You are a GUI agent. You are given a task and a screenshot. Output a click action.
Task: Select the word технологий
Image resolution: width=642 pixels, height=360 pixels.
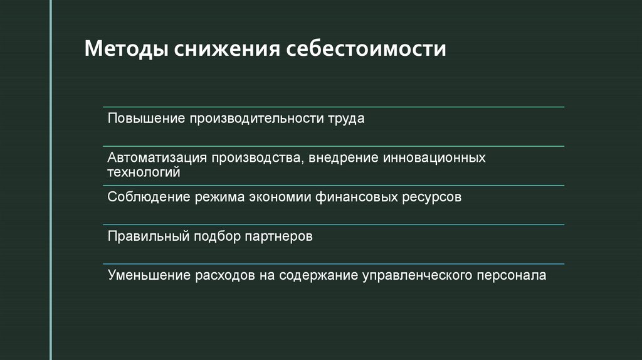pos(144,171)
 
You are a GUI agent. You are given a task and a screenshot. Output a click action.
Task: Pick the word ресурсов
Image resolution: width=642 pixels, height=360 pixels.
pos(433,198)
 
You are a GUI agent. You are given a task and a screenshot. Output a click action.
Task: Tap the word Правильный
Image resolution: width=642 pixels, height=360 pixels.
pos(148,236)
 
